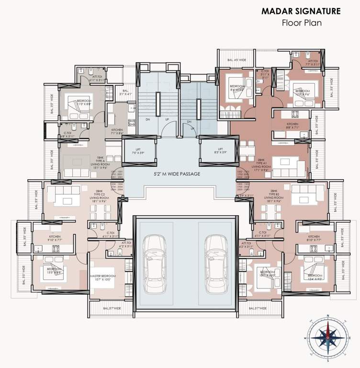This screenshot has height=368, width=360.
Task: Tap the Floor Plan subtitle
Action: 301,23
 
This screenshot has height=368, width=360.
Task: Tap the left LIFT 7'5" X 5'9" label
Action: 138,151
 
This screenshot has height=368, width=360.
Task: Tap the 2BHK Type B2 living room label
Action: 274,196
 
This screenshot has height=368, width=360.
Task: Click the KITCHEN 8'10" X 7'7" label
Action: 314,239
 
